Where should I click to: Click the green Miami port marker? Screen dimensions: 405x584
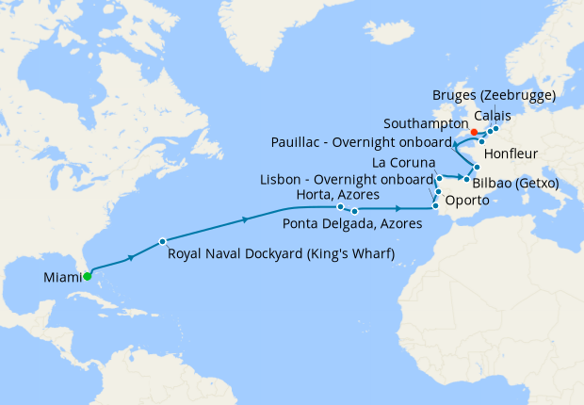pos(87,276)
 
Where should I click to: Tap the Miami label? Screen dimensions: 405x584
pos(61,277)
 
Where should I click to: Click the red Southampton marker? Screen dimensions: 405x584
pos(474,132)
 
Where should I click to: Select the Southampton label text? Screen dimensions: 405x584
pos(426,123)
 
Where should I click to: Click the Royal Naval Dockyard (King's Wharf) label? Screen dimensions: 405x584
pos(281,253)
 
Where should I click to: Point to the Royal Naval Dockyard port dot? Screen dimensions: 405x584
pos(162,240)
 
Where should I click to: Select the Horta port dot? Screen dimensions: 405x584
pos(340,206)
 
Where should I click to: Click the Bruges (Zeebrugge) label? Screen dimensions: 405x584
pos(494,96)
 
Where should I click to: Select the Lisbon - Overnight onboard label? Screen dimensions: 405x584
pos(348,179)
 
